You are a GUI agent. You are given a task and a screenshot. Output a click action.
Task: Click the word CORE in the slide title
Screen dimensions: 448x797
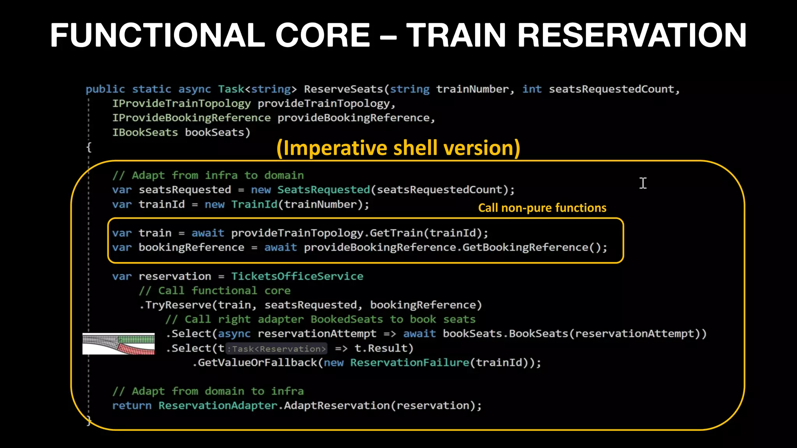[x=323, y=35]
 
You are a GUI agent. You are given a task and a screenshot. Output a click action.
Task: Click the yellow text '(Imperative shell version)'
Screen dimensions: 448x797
[x=398, y=148]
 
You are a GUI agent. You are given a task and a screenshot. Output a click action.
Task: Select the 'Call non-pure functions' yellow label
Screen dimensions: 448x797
[x=542, y=208]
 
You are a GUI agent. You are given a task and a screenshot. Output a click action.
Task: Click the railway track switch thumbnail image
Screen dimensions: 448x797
[x=118, y=344]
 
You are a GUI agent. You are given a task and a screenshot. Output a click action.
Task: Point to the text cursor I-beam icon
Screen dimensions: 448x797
[x=643, y=183]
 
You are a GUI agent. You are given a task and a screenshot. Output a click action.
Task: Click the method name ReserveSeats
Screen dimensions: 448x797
[x=344, y=89]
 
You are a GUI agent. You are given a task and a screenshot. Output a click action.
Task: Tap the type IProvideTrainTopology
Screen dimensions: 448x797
[x=181, y=103]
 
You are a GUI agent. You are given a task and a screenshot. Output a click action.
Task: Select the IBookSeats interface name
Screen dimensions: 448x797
[x=145, y=133]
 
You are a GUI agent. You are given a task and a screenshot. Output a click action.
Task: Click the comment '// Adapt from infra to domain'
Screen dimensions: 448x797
[x=208, y=175]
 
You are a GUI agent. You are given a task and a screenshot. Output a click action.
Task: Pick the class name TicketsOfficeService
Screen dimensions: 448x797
[x=297, y=276]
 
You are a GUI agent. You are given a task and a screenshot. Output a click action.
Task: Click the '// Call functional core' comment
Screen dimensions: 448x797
[x=214, y=290]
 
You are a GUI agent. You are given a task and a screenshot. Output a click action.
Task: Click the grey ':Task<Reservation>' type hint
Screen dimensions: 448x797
[x=277, y=349]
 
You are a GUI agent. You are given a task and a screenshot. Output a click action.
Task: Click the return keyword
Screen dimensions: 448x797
[x=132, y=406]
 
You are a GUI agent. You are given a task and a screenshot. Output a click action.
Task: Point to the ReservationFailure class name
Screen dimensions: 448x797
[x=409, y=363]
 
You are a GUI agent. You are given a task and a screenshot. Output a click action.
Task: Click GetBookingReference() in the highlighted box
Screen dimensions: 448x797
[x=534, y=247]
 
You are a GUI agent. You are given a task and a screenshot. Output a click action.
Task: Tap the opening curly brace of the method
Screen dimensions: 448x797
[x=89, y=147]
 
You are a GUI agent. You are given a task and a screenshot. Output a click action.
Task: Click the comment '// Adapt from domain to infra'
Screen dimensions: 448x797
[x=208, y=391]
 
